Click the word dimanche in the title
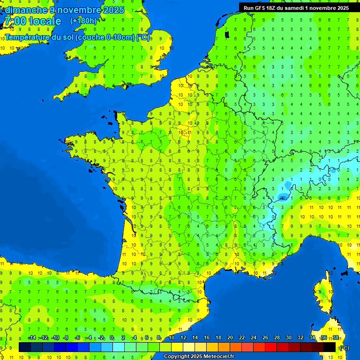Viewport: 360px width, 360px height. click(x=26, y=10)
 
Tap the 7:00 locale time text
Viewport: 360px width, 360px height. click(x=32, y=22)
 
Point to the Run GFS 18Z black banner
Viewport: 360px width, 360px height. click(x=296, y=7)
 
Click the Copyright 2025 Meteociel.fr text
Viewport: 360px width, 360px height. click(x=199, y=356)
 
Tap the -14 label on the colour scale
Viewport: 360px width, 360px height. click(x=32, y=338)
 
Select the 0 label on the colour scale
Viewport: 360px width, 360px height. click(x=112, y=338)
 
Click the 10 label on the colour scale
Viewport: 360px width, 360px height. click(x=172, y=338)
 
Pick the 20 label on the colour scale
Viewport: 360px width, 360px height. click(x=230, y=338)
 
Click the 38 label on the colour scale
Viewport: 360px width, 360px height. click(x=336, y=338)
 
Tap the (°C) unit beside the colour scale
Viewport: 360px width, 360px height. click(x=344, y=348)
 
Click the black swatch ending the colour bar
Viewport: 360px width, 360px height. click(x=330, y=347)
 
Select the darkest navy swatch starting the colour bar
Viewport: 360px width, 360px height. click(x=25, y=347)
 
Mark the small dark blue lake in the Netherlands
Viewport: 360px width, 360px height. click(x=227, y=34)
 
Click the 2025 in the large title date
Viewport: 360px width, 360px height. click(x=114, y=10)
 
